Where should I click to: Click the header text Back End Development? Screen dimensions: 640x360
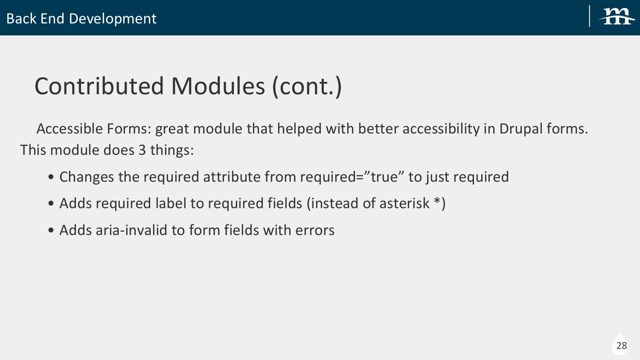[x=81, y=19]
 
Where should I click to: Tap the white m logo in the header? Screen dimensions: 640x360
[x=617, y=17]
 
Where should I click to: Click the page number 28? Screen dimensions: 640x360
[x=622, y=346]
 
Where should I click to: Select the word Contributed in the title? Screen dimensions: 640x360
[x=99, y=86]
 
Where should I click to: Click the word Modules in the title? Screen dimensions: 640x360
[x=218, y=86]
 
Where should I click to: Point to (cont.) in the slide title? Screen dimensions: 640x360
[x=307, y=87]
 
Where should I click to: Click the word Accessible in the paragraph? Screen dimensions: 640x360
[x=70, y=128]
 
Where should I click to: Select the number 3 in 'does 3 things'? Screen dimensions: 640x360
[x=142, y=150]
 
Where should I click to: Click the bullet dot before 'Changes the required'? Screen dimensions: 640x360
[x=51, y=177]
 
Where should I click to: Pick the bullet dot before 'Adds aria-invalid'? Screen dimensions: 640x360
[x=51, y=230]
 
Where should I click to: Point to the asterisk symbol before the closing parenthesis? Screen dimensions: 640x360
[x=437, y=201]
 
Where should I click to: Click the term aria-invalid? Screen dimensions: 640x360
[x=131, y=230]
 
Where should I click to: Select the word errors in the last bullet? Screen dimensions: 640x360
[x=315, y=231]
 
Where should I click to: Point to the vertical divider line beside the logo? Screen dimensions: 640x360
[x=590, y=16]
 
